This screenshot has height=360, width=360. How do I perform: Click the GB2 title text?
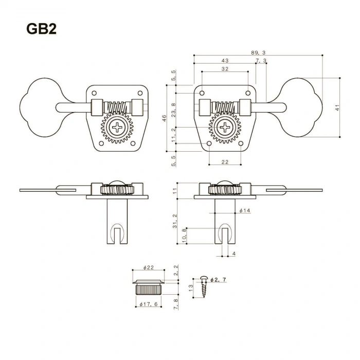point(42,29)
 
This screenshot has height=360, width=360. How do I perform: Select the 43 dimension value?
point(225,61)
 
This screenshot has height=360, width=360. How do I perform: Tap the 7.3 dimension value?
point(261,61)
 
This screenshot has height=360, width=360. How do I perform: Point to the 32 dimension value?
point(225,68)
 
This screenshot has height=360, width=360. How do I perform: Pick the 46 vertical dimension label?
point(165,118)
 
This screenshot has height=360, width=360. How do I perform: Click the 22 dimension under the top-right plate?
point(225,162)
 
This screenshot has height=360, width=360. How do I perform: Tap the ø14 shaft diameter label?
point(244,211)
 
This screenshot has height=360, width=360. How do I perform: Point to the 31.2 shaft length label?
point(175,221)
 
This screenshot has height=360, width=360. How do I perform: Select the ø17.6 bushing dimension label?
point(149,304)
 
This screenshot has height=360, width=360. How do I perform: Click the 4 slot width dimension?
point(233,254)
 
